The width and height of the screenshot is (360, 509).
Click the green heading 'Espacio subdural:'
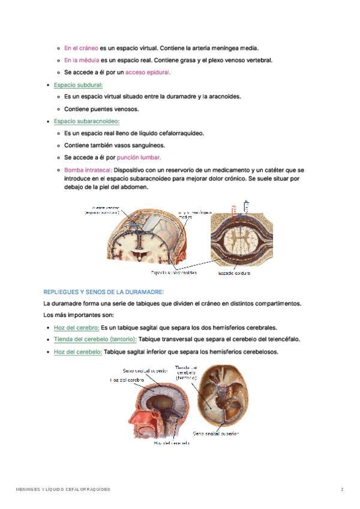[78, 85]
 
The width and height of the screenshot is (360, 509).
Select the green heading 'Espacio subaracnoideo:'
[86, 121]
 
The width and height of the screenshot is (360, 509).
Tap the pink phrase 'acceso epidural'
[148, 72]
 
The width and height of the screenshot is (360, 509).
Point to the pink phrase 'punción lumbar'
[139, 158]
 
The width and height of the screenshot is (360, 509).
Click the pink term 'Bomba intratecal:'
[88, 170]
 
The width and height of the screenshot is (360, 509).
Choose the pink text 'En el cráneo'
[81, 47]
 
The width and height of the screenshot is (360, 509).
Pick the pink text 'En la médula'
[82, 60]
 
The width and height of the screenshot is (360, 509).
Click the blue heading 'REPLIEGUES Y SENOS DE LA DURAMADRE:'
[103, 292]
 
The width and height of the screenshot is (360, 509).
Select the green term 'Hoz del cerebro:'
[76, 328]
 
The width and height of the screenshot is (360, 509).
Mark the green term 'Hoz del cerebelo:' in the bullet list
[77, 352]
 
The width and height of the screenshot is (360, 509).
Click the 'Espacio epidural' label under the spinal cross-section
[234, 273]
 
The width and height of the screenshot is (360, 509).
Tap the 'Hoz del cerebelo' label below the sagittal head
[171, 443]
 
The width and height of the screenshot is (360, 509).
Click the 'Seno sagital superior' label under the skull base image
[216, 432]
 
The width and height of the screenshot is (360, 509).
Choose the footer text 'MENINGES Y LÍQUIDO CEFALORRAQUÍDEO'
[63, 490]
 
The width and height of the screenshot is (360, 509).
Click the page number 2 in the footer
[342, 490]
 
